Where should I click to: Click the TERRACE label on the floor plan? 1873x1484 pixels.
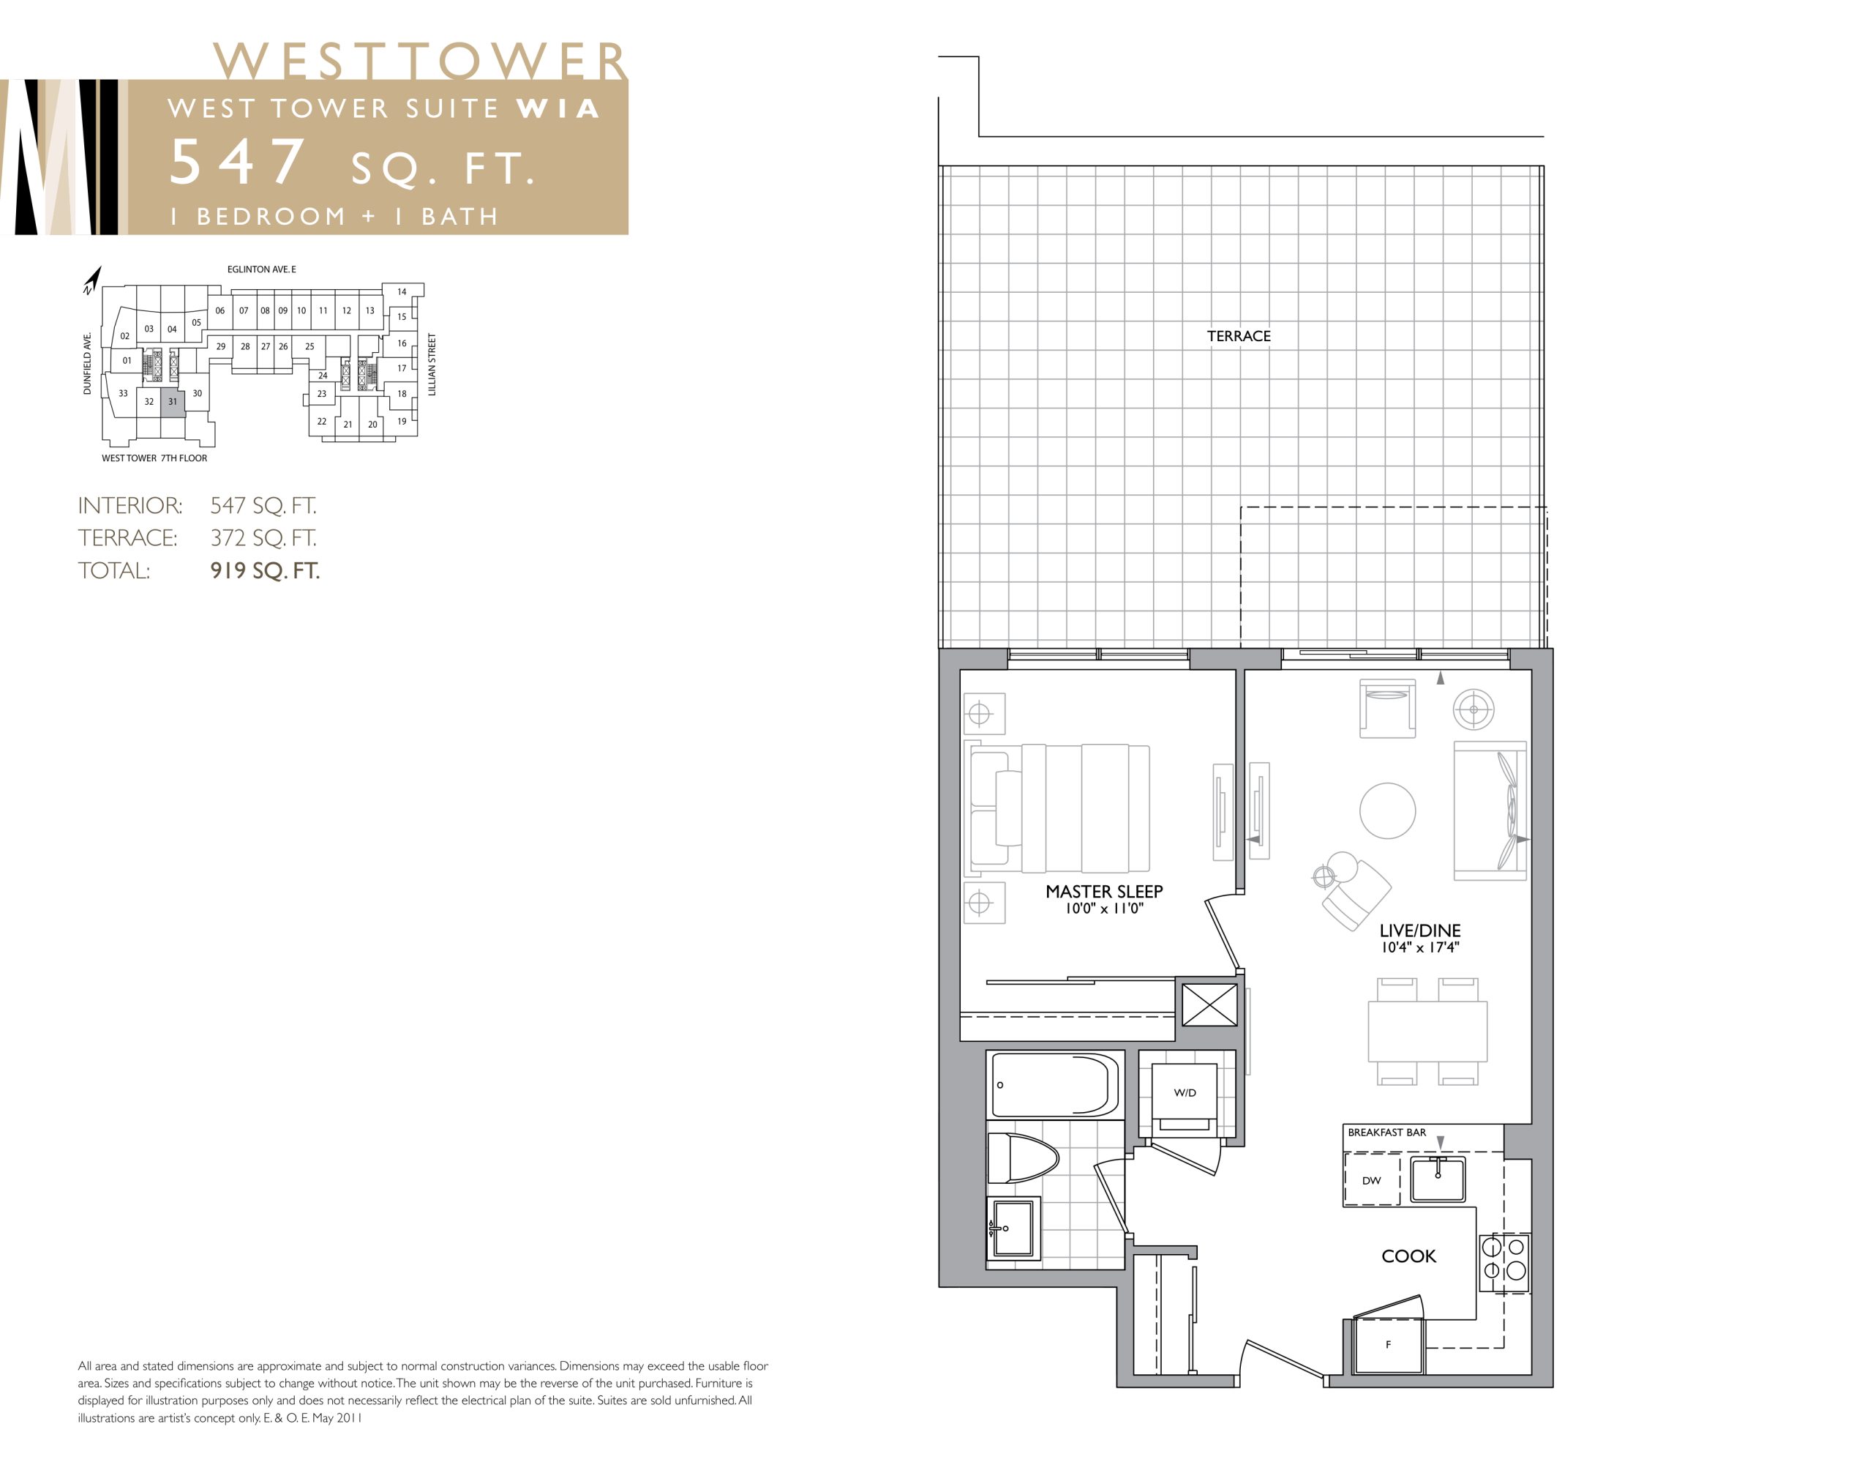tap(1238, 336)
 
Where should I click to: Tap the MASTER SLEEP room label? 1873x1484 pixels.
tap(1103, 892)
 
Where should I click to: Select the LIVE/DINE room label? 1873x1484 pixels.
tap(1419, 931)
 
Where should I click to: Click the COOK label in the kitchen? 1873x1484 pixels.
tap(1408, 1256)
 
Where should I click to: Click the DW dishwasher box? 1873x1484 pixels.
tap(1372, 1180)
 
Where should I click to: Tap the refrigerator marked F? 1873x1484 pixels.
tap(1388, 1345)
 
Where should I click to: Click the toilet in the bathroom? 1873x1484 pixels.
tap(1023, 1157)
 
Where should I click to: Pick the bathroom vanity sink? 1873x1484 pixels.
tap(1013, 1228)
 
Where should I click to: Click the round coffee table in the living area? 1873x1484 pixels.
tap(1388, 810)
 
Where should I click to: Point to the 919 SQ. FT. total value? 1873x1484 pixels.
tap(265, 571)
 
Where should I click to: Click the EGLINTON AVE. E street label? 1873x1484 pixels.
tap(261, 269)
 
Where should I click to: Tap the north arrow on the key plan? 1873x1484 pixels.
tap(93, 280)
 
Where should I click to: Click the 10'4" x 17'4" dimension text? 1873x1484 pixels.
tap(1419, 948)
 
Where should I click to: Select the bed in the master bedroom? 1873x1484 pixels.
tap(1059, 808)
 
